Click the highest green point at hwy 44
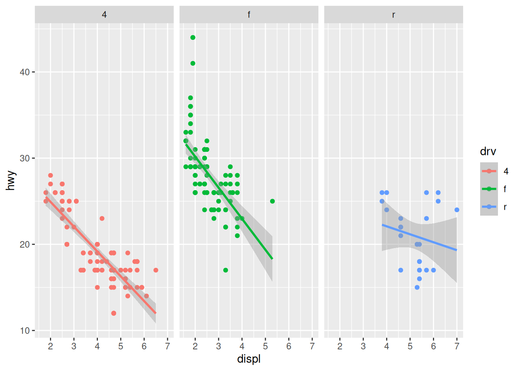pyautogui.click(x=193, y=37)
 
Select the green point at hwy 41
pyautogui.click(x=193, y=63)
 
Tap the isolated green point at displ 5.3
pyautogui.click(x=272, y=201)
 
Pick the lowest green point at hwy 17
pyautogui.click(x=226, y=270)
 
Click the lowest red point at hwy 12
pyautogui.click(x=113, y=313)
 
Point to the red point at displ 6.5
pyautogui.click(x=156, y=270)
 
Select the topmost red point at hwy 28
pyautogui.click(x=51, y=175)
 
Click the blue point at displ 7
pyautogui.click(x=457, y=210)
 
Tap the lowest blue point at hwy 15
pyautogui.click(x=417, y=288)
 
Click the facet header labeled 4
pyautogui.click(x=104, y=15)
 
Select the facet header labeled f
pyautogui.click(x=249, y=15)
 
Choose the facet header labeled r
pyautogui.click(x=393, y=15)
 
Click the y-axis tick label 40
pyautogui.click(x=25, y=72)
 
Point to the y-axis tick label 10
pyautogui.click(x=25, y=331)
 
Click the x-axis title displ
pyautogui.click(x=249, y=359)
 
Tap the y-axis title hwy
pyautogui.click(x=11, y=180)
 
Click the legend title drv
pyautogui.click(x=488, y=151)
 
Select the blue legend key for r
pyautogui.click(x=489, y=207)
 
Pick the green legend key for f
pyautogui.click(x=489, y=189)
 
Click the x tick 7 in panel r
pyautogui.click(x=457, y=346)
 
